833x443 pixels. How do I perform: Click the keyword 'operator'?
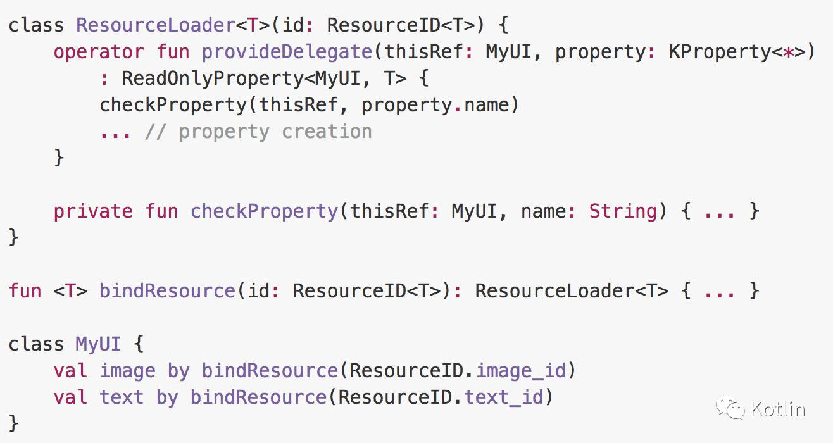pyautogui.click(x=99, y=52)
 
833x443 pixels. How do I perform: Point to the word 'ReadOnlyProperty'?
pyautogui.click(x=212, y=78)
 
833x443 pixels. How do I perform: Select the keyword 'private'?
pyautogui.click(x=93, y=211)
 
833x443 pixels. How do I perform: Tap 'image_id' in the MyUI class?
pyautogui.click(x=521, y=371)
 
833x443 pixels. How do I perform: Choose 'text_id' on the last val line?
pyautogui.click(x=504, y=397)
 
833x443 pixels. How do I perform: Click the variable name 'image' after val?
pyautogui.click(x=127, y=371)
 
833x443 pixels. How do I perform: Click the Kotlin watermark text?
pyautogui.click(x=777, y=409)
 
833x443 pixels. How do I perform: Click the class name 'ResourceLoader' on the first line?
pyautogui.click(x=155, y=25)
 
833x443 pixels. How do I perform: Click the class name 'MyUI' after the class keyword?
pyautogui.click(x=98, y=344)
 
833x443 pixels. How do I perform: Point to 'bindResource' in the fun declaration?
pyautogui.click(x=167, y=291)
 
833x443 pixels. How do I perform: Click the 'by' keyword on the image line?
pyautogui.click(x=178, y=371)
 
